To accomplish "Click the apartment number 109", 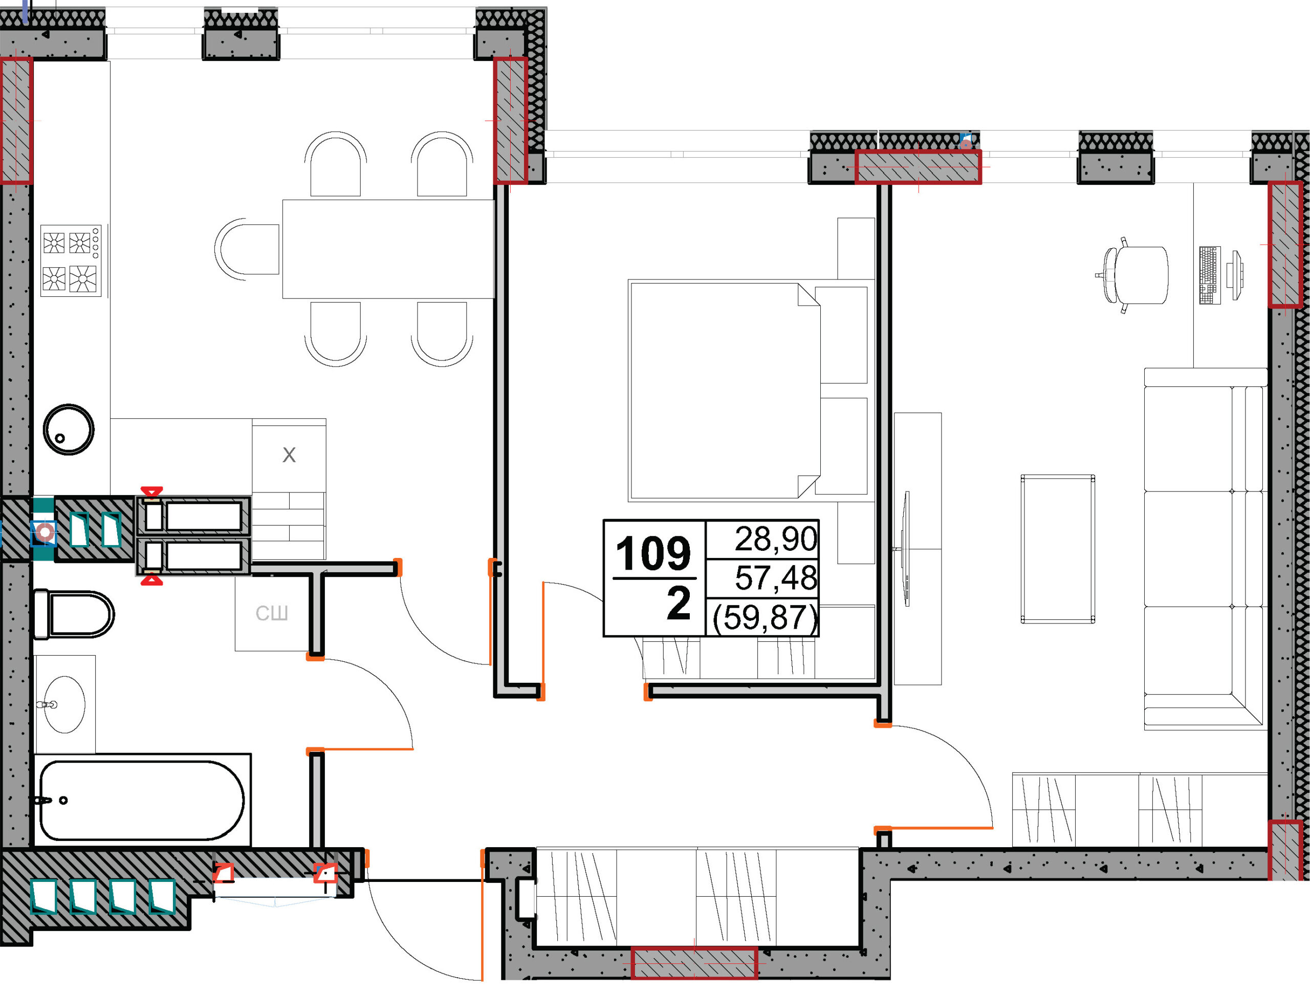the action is (653, 554).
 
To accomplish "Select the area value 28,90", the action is (776, 539).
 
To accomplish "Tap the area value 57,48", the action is (776, 577).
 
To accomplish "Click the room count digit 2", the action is (678, 603).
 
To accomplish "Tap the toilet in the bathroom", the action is (74, 614).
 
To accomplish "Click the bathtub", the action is (142, 800).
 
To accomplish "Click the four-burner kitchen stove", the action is (71, 261).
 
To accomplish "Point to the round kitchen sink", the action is (69, 429).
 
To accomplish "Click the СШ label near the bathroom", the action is (272, 613).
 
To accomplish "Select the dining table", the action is (388, 249).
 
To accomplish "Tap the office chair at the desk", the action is (1134, 275).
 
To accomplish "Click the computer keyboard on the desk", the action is (1210, 275).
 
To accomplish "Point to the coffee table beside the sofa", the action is (1058, 549).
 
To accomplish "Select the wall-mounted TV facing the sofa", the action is (906, 549).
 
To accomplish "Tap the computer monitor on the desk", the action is (1235, 275).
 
